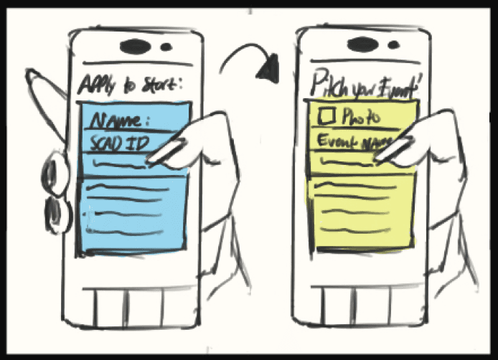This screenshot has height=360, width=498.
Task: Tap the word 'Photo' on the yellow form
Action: (360, 116)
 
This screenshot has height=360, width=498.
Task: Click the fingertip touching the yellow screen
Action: (384, 154)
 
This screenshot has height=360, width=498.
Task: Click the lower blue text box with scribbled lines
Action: (132, 212)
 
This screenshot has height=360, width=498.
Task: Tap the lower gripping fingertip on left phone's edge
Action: (56, 212)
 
